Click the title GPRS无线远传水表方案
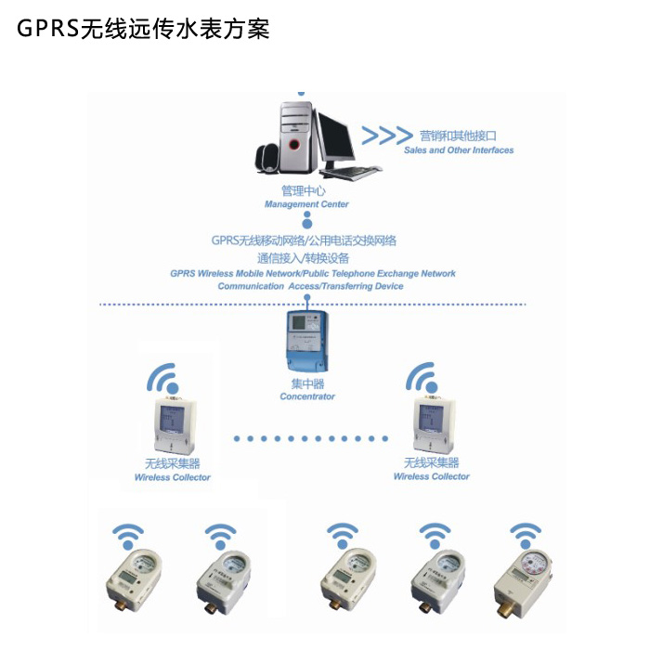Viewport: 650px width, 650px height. coord(143,29)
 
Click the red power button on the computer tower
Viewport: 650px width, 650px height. coord(294,145)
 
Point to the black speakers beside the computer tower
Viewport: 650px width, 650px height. coord(267,159)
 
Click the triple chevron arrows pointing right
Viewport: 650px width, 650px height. coord(387,136)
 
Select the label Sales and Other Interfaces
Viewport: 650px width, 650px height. coord(459,150)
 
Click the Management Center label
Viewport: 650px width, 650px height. coord(306,204)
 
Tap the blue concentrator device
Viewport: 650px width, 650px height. coord(307,341)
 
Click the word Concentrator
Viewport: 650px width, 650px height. coord(307,396)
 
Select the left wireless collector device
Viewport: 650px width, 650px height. coord(175,425)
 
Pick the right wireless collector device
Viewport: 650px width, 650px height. coord(434,424)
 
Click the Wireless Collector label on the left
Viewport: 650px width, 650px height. coord(172,477)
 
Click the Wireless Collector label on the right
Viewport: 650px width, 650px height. coord(431,476)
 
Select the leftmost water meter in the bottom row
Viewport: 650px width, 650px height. coord(134,581)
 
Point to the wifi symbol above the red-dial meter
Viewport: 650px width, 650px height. coord(526,536)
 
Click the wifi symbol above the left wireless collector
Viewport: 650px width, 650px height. coord(162,379)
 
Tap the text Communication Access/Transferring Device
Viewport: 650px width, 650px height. coord(310,286)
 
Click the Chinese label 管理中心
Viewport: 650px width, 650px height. coord(304,190)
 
